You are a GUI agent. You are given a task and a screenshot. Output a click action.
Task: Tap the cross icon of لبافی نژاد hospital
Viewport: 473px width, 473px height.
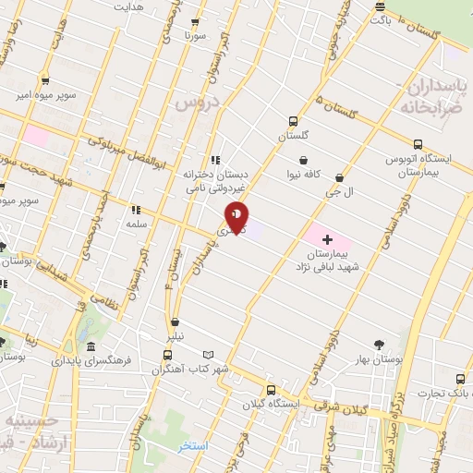pyautogui.click(x=326, y=238)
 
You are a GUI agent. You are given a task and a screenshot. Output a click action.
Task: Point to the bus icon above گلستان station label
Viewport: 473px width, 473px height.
pyautogui.click(x=294, y=121)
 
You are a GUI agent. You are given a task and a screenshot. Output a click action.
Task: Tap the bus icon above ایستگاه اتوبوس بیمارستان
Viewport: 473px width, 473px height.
pyautogui.click(x=418, y=144)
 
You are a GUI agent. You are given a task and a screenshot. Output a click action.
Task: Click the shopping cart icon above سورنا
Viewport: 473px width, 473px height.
pyautogui.click(x=194, y=24)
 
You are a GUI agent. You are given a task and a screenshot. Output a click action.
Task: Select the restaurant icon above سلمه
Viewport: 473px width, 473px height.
pyautogui.click(x=136, y=210)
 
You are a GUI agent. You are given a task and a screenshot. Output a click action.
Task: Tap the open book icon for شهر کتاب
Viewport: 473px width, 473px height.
pyautogui.click(x=209, y=355)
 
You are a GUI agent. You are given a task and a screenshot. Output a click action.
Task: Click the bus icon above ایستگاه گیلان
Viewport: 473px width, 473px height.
pyautogui.click(x=271, y=390)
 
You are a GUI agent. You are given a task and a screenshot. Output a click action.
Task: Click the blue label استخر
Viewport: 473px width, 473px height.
pyautogui.click(x=194, y=446)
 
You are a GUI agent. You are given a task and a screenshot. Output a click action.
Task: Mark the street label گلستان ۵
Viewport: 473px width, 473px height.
pyautogui.click(x=336, y=109)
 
